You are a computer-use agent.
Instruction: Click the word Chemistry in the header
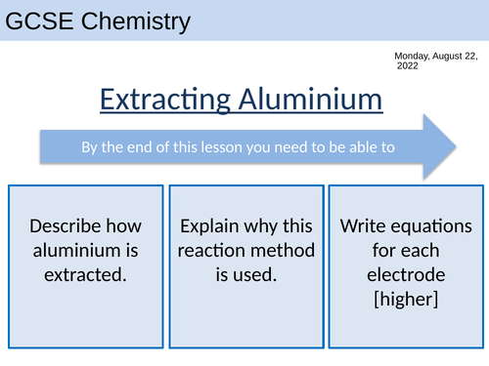point(133,20)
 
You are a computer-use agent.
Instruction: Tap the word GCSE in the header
point(39,20)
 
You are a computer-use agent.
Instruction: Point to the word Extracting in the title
point(161,99)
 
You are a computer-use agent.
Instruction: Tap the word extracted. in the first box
point(86,274)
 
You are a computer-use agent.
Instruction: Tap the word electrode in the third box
point(406,274)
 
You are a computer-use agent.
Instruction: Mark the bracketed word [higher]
point(406,298)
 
